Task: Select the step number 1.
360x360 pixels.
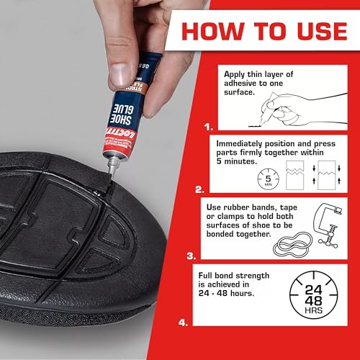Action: click(x=209, y=126)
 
